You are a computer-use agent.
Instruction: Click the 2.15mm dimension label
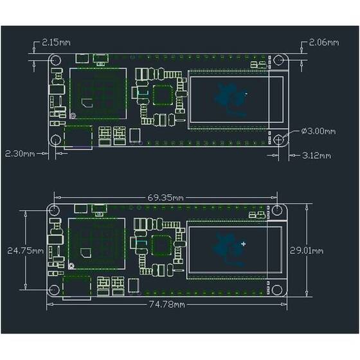pyautogui.click(x=57, y=42)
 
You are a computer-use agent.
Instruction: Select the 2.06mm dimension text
pyautogui.click(x=323, y=42)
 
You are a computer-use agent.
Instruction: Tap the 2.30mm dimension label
pyautogui.click(x=19, y=154)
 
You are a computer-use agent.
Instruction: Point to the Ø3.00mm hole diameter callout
pyautogui.click(x=318, y=131)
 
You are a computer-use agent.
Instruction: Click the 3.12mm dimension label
pyautogui.click(x=316, y=155)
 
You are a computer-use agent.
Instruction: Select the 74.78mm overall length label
pyautogui.click(x=166, y=304)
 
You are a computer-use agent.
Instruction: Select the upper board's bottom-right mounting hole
pyautogui.click(x=278, y=139)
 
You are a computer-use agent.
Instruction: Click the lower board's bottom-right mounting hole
pyautogui.click(x=278, y=290)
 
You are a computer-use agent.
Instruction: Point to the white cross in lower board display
pyautogui.click(x=243, y=244)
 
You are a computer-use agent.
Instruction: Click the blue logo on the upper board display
pyautogui.click(x=226, y=96)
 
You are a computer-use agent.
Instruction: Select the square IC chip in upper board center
pyautogui.click(x=163, y=95)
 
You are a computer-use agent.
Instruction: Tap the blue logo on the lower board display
pyautogui.click(x=225, y=247)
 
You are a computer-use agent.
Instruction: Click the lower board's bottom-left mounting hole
pyautogui.click(x=55, y=290)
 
